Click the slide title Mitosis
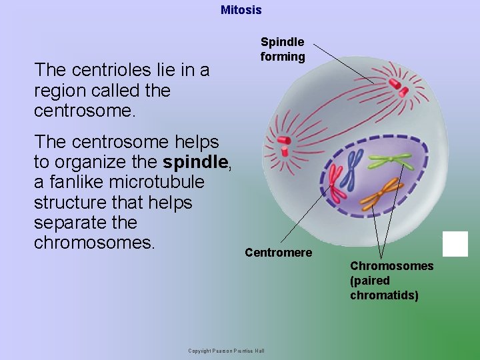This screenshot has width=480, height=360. [241, 10]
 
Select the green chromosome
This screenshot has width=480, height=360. [391, 160]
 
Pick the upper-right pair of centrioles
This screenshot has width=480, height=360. [399, 84]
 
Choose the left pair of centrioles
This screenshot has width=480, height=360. [283, 142]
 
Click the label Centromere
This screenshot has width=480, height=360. [278, 253]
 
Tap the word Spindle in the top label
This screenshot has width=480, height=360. [282, 42]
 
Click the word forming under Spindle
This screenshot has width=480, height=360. [283, 57]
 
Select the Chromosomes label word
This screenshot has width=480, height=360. [391, 266]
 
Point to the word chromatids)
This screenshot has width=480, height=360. [384, 295]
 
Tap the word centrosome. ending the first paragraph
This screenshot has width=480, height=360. [85, 111]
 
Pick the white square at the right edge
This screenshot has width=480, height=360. [455, 244]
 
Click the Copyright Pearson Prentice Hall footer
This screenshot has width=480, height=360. [226, 351]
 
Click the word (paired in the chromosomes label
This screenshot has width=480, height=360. [369, 281]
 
